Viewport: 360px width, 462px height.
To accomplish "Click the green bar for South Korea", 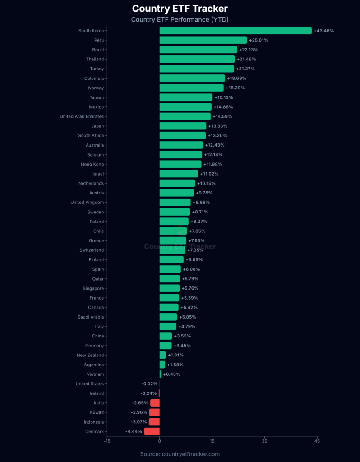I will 235,31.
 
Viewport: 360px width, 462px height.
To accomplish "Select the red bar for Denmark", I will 152,431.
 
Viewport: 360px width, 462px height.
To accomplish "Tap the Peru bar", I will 203,40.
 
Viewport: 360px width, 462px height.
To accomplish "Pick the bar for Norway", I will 191,88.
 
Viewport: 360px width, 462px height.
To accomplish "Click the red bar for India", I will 155,403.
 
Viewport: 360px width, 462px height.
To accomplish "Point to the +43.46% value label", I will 324,31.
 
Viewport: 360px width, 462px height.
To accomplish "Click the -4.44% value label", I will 134,431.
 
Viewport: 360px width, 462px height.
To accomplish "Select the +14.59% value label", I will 222,116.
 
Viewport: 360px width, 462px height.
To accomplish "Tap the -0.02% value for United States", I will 149,384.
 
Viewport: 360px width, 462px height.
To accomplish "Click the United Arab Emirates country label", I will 82,116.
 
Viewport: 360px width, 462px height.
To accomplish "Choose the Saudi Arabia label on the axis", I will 91,317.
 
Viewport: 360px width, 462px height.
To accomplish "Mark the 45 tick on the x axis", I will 317,442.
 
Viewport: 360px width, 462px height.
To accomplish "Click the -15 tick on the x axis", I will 107,442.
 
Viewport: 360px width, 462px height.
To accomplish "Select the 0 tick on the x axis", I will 159,442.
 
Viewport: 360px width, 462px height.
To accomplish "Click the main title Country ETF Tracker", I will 180,9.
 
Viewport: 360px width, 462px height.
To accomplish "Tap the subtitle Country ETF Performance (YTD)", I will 180,19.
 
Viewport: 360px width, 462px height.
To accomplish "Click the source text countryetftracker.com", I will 180,454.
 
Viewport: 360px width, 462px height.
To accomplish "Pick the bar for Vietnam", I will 160,374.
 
